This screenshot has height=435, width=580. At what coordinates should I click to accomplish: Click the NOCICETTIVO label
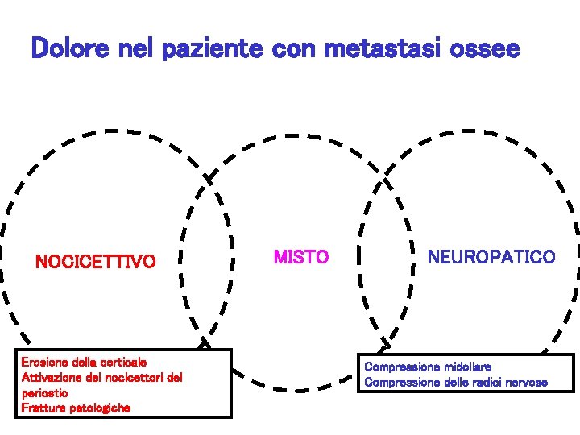click(95, 262)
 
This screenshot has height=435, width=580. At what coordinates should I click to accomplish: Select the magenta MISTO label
click(301, 258)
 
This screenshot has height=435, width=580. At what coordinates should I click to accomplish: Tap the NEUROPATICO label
click(491, 258)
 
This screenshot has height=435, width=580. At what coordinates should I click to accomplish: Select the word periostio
click(44, 392)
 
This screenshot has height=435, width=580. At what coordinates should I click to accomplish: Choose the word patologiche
click(99, 408)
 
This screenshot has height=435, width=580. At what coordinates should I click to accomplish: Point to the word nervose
click(528, 382)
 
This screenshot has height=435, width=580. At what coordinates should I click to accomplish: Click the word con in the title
click(293, 49)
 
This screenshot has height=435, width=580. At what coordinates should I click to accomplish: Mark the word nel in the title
click(139, 49)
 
